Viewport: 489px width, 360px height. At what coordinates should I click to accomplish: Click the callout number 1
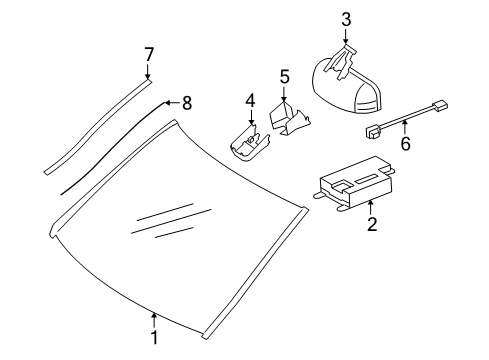coord(154,337)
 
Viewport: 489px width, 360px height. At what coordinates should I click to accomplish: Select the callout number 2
coord(372,224)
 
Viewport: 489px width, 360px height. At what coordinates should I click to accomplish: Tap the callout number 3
coord(346,19)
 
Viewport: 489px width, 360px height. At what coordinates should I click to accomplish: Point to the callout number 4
coord(250,100)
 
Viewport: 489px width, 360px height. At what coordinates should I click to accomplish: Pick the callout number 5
coord(284,77)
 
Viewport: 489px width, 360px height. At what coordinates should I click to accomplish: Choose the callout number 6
coord(405,143)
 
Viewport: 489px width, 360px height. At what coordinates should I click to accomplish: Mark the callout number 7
coord(149,54)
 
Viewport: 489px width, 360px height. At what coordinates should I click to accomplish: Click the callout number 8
coord(187,103)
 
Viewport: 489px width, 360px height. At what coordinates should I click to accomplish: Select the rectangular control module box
coord(354,183)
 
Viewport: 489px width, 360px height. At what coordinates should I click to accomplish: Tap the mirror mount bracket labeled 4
coord(248,144)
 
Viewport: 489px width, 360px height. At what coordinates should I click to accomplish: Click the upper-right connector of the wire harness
coord(440,105)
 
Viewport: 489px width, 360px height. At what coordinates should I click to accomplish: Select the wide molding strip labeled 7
coord(97,126)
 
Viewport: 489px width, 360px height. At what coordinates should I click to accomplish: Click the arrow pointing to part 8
coord(173,103)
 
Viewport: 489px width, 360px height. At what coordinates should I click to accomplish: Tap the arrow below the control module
coord(371,207)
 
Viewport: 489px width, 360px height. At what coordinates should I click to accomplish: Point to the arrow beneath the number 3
coord(346,36)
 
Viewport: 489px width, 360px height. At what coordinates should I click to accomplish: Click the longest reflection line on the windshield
coord(172,221)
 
